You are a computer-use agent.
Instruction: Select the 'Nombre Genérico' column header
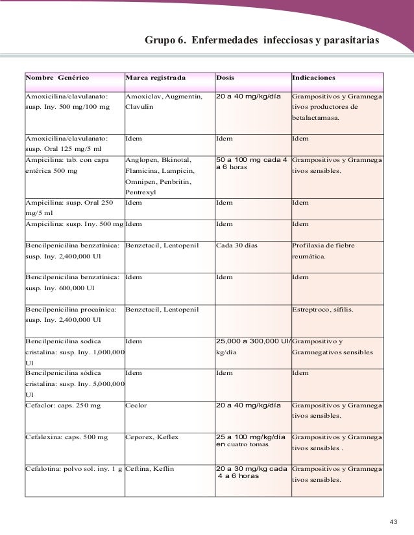(56, 78)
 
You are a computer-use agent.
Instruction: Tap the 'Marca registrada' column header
(155, 78)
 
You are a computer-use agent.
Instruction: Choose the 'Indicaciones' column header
(314, 78)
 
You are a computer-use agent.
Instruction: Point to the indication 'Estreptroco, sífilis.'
(323, 310)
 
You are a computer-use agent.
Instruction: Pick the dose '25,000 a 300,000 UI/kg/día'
(252, 347)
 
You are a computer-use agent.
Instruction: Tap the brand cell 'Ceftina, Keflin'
(149, 468)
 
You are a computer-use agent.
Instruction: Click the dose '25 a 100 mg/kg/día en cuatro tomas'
(250, 440)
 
